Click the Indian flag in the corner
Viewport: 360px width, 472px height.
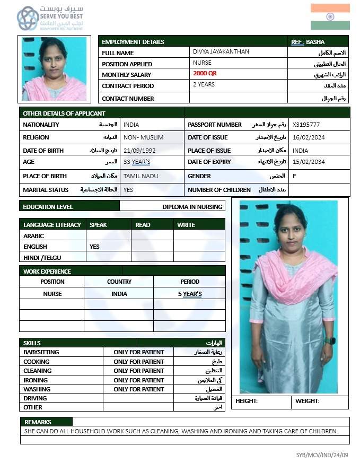click(x=330, y=16)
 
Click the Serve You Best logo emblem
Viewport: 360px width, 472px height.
click(x=28, y=19)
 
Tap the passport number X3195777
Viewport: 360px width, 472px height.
click(x=306, y=125)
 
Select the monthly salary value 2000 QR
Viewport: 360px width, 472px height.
click(x=205, y=73)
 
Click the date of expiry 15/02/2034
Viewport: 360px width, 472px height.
click(x=309, y=162)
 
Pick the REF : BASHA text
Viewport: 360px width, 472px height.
click(x=308, y=42)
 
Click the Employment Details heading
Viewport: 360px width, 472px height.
click(x=133, y=42)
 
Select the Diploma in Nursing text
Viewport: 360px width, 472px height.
click(x=192, y=206)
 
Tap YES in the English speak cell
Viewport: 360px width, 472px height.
click(x=94, y=247)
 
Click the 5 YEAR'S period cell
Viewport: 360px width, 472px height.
click(x=190, y=294)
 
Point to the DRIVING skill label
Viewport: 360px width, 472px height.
click(x=35, y=398)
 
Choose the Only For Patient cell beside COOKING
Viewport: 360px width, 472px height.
click(x=138, y=362)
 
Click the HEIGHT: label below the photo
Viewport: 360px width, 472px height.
click(x=247, y=401)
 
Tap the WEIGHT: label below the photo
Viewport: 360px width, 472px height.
click(x=308, y=401)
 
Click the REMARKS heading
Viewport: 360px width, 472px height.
click(x=38, y=422)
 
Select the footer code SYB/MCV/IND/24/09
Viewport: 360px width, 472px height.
click(x=322, y=455)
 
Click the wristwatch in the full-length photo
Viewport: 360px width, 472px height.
click(x=330, y=340)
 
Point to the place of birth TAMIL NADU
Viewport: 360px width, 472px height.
click(x=141, y=176)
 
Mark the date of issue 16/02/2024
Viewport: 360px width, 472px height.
click(x=309, y=137)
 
